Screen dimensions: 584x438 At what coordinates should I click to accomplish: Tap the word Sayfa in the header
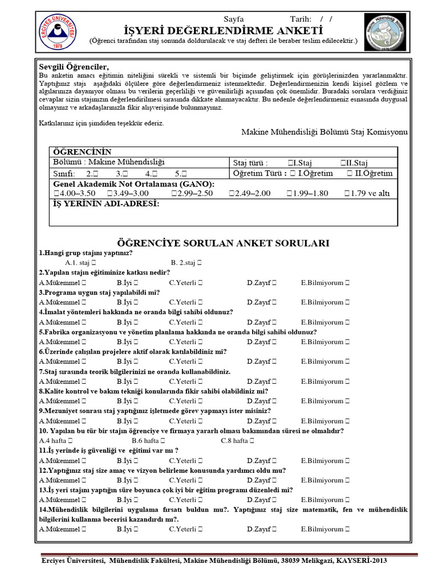tap(233, 19)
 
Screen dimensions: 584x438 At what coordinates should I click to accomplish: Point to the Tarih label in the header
tap(301, 19)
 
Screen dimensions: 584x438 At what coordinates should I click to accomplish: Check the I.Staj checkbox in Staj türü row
tap(291, 163)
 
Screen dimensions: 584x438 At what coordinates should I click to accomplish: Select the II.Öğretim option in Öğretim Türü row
tap(350, 173)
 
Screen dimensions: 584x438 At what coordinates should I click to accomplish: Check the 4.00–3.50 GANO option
tap(56, 193)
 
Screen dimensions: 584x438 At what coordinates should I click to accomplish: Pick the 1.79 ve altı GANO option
tap(347, 193)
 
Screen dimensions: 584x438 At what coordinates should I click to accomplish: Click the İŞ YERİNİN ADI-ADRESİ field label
tap(106, 204)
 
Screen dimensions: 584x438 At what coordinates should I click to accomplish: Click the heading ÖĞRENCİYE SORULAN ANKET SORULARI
tap(223, 243)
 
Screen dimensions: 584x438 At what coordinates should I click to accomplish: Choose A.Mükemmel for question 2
tap(84, 282)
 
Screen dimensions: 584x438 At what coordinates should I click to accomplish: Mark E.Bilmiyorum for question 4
tap(347, 322)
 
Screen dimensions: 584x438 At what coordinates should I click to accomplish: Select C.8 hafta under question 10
tap(252, 441)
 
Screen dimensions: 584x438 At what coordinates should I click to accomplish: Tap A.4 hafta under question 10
tap(69, 441)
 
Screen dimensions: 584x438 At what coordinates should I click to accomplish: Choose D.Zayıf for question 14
tap(274, 529)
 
